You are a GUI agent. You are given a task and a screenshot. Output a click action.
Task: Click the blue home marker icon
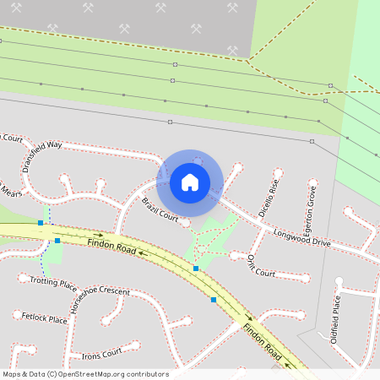tap(190, 182)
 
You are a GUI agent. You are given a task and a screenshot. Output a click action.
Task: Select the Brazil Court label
tap(160, 210)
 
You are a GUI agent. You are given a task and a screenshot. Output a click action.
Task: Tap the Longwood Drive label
tap(301, 236)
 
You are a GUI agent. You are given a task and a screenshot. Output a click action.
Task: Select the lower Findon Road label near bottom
tap(261, 339)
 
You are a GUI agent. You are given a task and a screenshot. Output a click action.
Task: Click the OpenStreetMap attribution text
tap(85, 374)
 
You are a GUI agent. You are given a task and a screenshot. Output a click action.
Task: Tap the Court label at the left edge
tap(10, 138)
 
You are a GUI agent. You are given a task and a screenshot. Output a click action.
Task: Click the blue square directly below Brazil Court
tap(196, 269)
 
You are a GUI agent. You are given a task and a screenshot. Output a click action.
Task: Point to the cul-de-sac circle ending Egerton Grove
tap(312, 186)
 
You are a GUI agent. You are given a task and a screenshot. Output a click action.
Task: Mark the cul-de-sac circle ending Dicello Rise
tap(278, 174)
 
